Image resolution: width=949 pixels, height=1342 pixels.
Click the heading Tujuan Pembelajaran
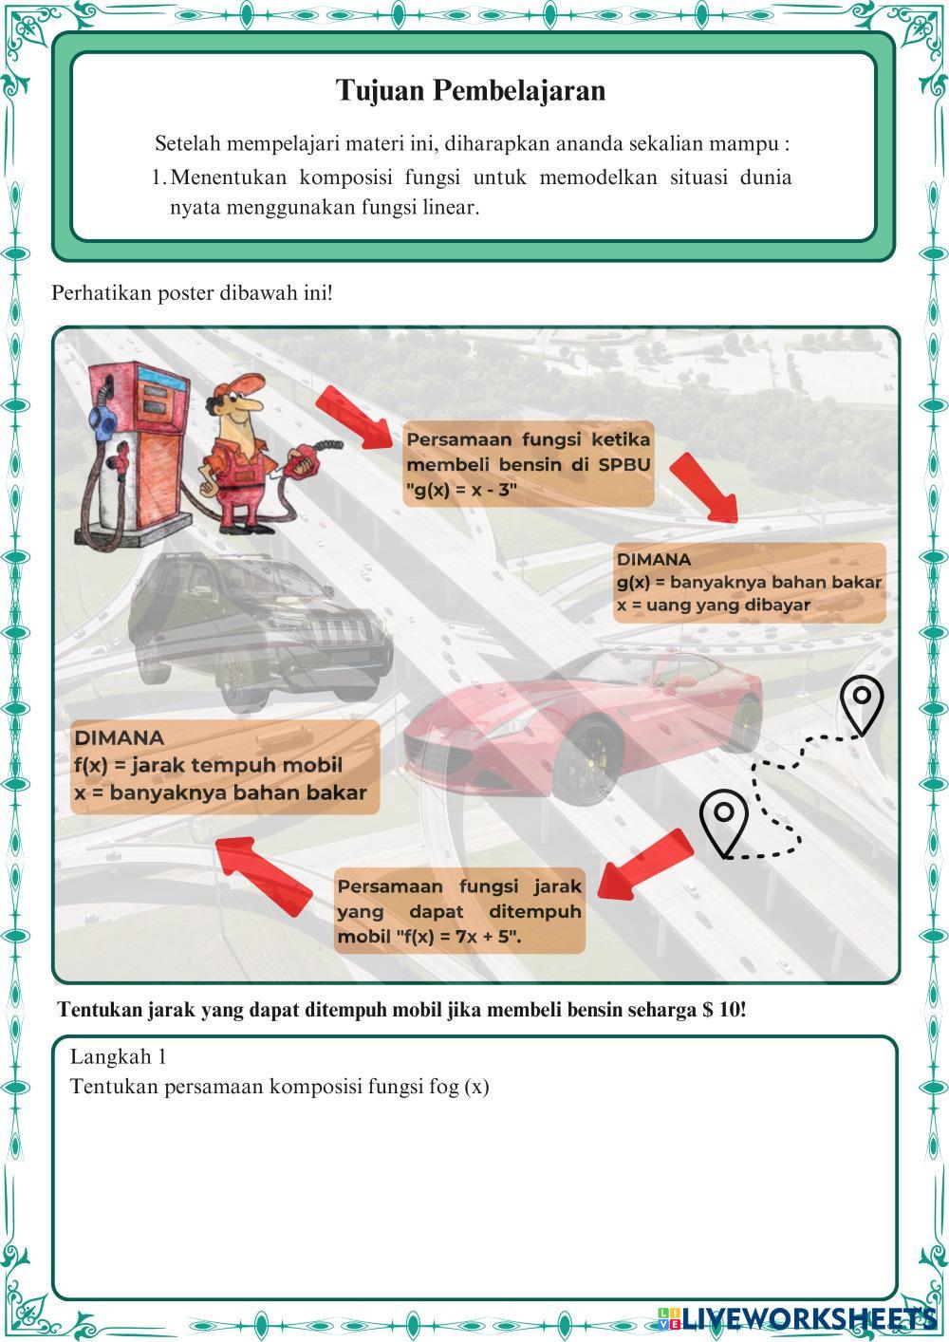click(x=471, y=91)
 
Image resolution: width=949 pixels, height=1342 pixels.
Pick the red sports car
click(x=588, y=721)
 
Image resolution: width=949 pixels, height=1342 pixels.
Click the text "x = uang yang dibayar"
click(x=713, y=605)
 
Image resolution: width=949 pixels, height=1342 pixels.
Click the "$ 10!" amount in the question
click(x=725, y=1010)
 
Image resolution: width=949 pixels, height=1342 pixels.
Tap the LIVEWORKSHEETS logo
click(x=797, y=1316)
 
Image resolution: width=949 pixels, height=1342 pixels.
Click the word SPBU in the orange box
click(x=623, y=465)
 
